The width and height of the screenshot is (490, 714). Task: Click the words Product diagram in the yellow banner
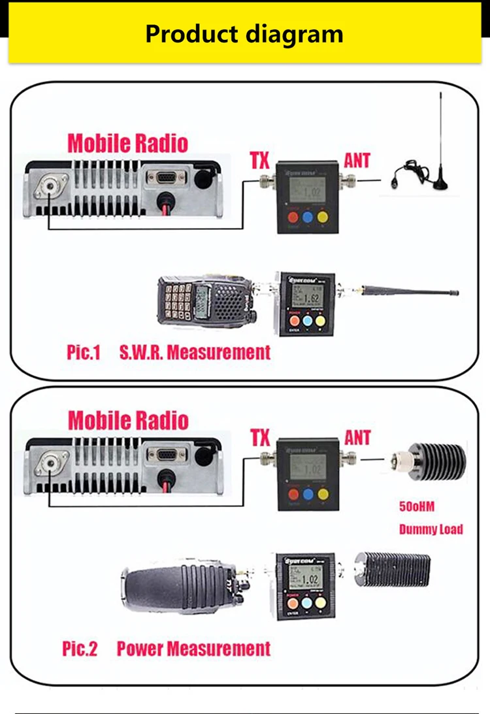[x=244, y=33]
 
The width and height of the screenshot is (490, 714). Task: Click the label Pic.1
[x=83, y=353]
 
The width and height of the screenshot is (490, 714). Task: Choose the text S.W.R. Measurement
[x=195, y=353]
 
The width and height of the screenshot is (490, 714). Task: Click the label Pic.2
[x=80, y=649]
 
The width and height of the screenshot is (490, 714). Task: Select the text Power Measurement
[x=193, y=649]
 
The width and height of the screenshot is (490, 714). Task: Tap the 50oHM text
[x=416, y=506]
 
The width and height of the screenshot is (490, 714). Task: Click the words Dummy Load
[x=431, y=529]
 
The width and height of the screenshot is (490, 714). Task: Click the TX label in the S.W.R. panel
[x=260, y=160]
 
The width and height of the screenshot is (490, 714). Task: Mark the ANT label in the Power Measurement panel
[x=357, y=438]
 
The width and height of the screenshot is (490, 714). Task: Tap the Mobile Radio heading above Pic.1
[x=128, y=143]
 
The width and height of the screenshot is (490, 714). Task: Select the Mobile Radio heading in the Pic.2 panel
[x=128, y=420]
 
